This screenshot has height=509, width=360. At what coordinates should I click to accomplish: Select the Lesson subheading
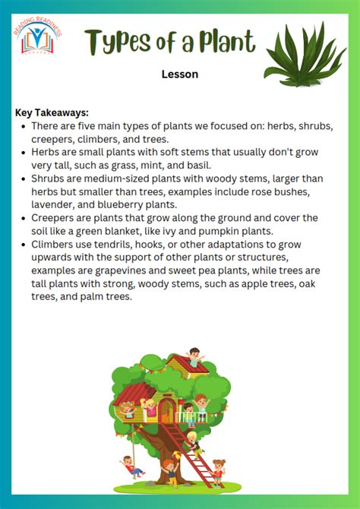point(180,74)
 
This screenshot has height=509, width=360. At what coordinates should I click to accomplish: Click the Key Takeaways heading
point(52,112)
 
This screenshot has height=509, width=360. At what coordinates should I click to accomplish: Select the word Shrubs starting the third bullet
point(48,179)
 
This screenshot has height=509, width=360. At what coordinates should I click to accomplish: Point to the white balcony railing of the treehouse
point(192,417)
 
